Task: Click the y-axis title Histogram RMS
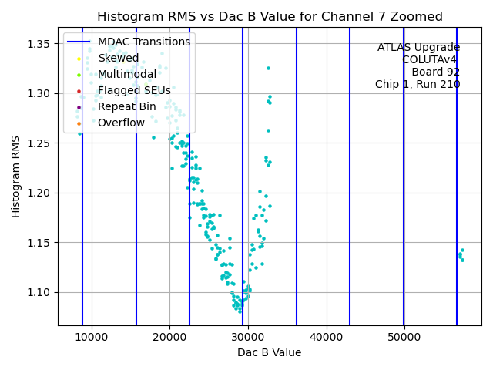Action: point(16,177)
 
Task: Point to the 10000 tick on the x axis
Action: point(92,338)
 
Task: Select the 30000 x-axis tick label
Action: point(248,338)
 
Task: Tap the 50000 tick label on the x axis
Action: point(404,338)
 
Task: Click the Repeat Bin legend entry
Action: point(126,106)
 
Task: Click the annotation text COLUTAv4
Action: point(431,59)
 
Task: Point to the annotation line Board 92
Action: point(435,72)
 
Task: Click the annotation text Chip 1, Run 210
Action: point(418,84)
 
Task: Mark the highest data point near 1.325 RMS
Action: point(268,68)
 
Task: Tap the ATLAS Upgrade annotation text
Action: point(418,47)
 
